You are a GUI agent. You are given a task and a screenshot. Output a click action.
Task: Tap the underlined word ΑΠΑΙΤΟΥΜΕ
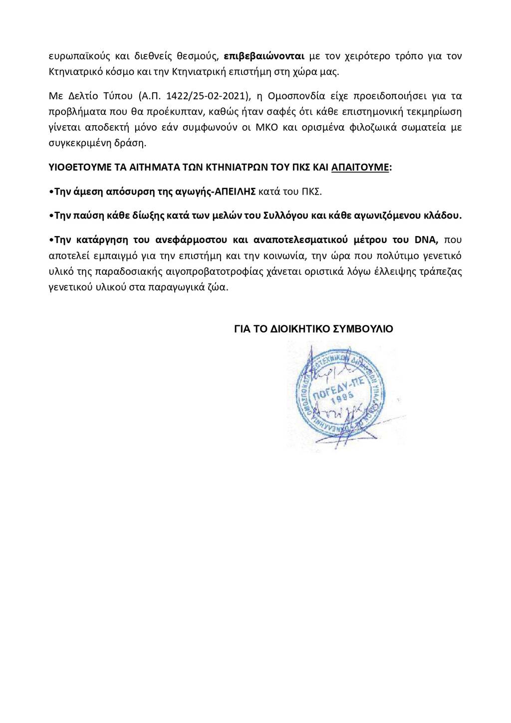coord(360,167)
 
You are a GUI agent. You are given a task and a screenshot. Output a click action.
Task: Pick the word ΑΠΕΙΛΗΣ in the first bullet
coord(239,191)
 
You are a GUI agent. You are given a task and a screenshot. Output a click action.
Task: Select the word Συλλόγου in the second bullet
coord(295,216)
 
